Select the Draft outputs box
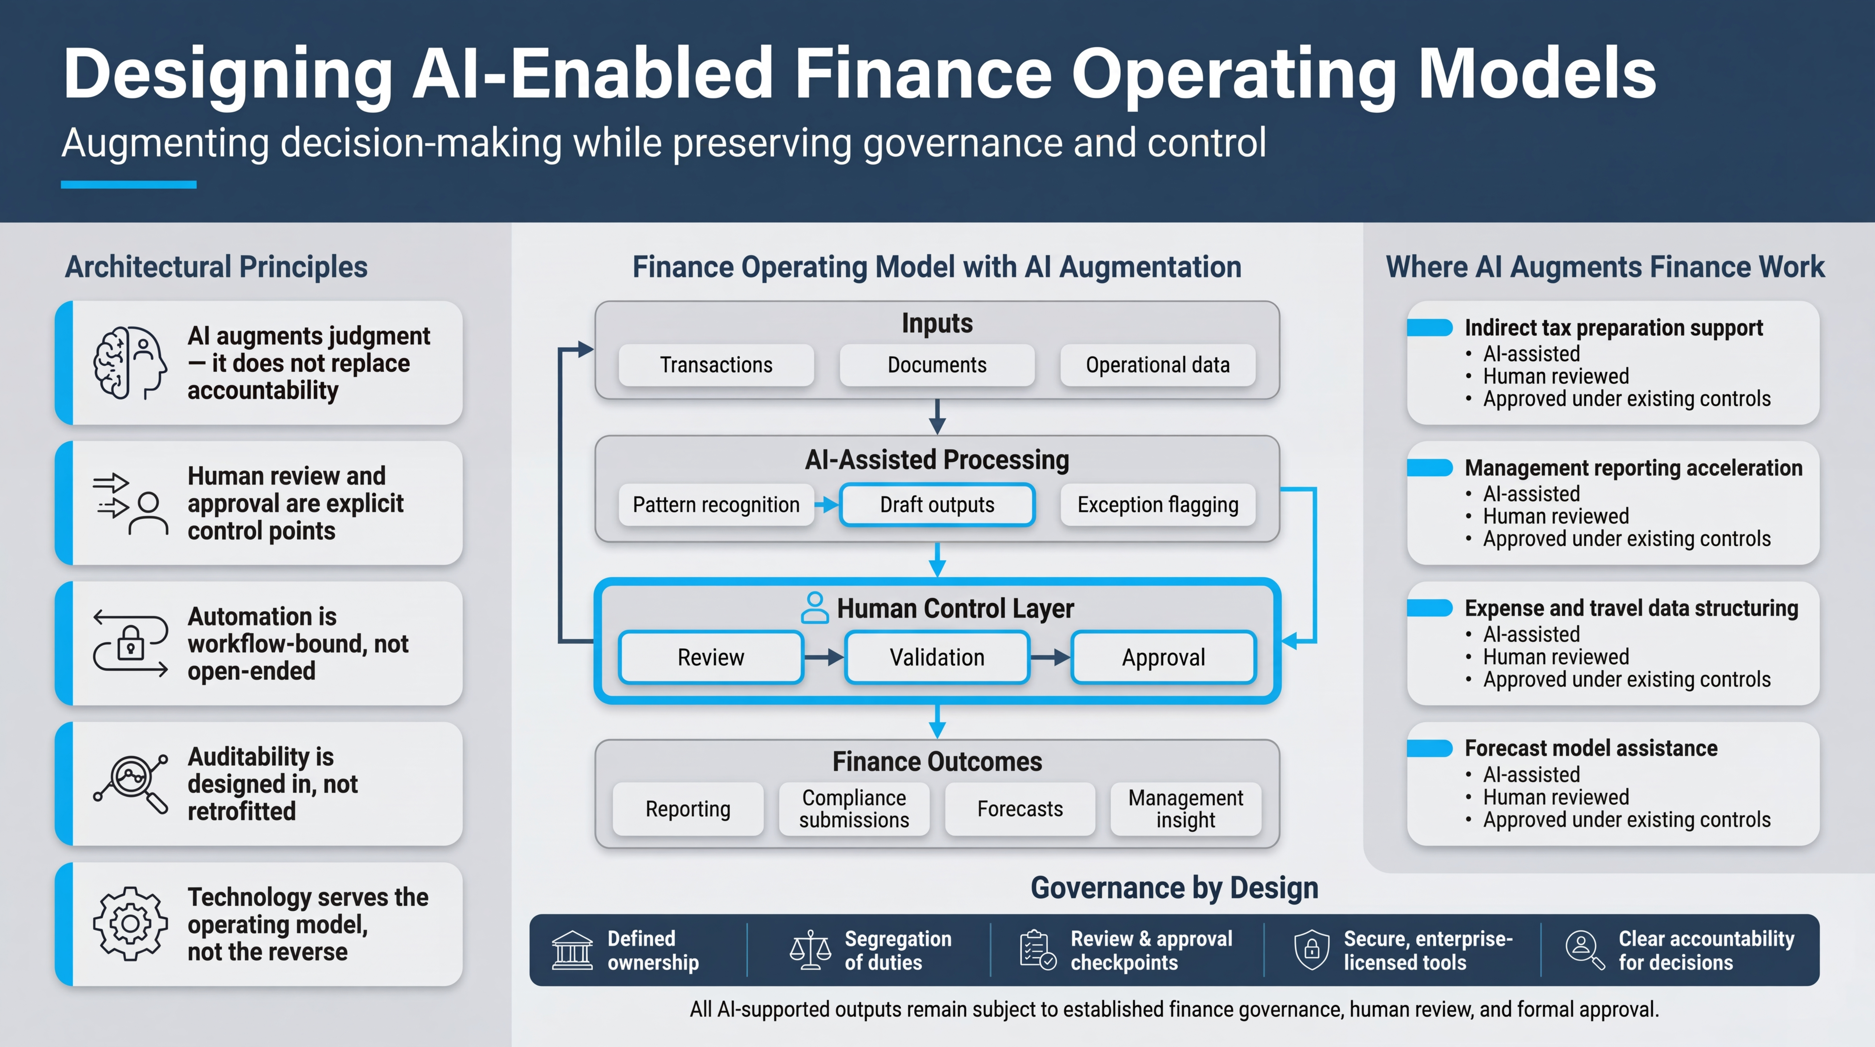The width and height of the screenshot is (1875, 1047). tap(937, 504)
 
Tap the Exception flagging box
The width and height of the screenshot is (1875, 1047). tap(1157, 504)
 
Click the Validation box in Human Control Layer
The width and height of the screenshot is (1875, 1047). tap(937, 657)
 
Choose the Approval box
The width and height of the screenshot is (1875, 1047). tap(1163, 657)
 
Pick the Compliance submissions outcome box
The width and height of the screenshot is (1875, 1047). tap(854, 809)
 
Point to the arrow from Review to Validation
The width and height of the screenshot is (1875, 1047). tap(824, 657)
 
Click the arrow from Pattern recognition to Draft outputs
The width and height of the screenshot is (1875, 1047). tap(827, 504)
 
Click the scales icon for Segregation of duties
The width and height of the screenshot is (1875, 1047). tap(810, 950)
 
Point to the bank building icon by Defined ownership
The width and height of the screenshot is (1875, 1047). tap(572, 950)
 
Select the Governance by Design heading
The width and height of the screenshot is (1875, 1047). tap(1174, 887)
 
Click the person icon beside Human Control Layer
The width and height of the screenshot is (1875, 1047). tap(815, 608)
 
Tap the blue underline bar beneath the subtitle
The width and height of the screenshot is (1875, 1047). tap(129, 185)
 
